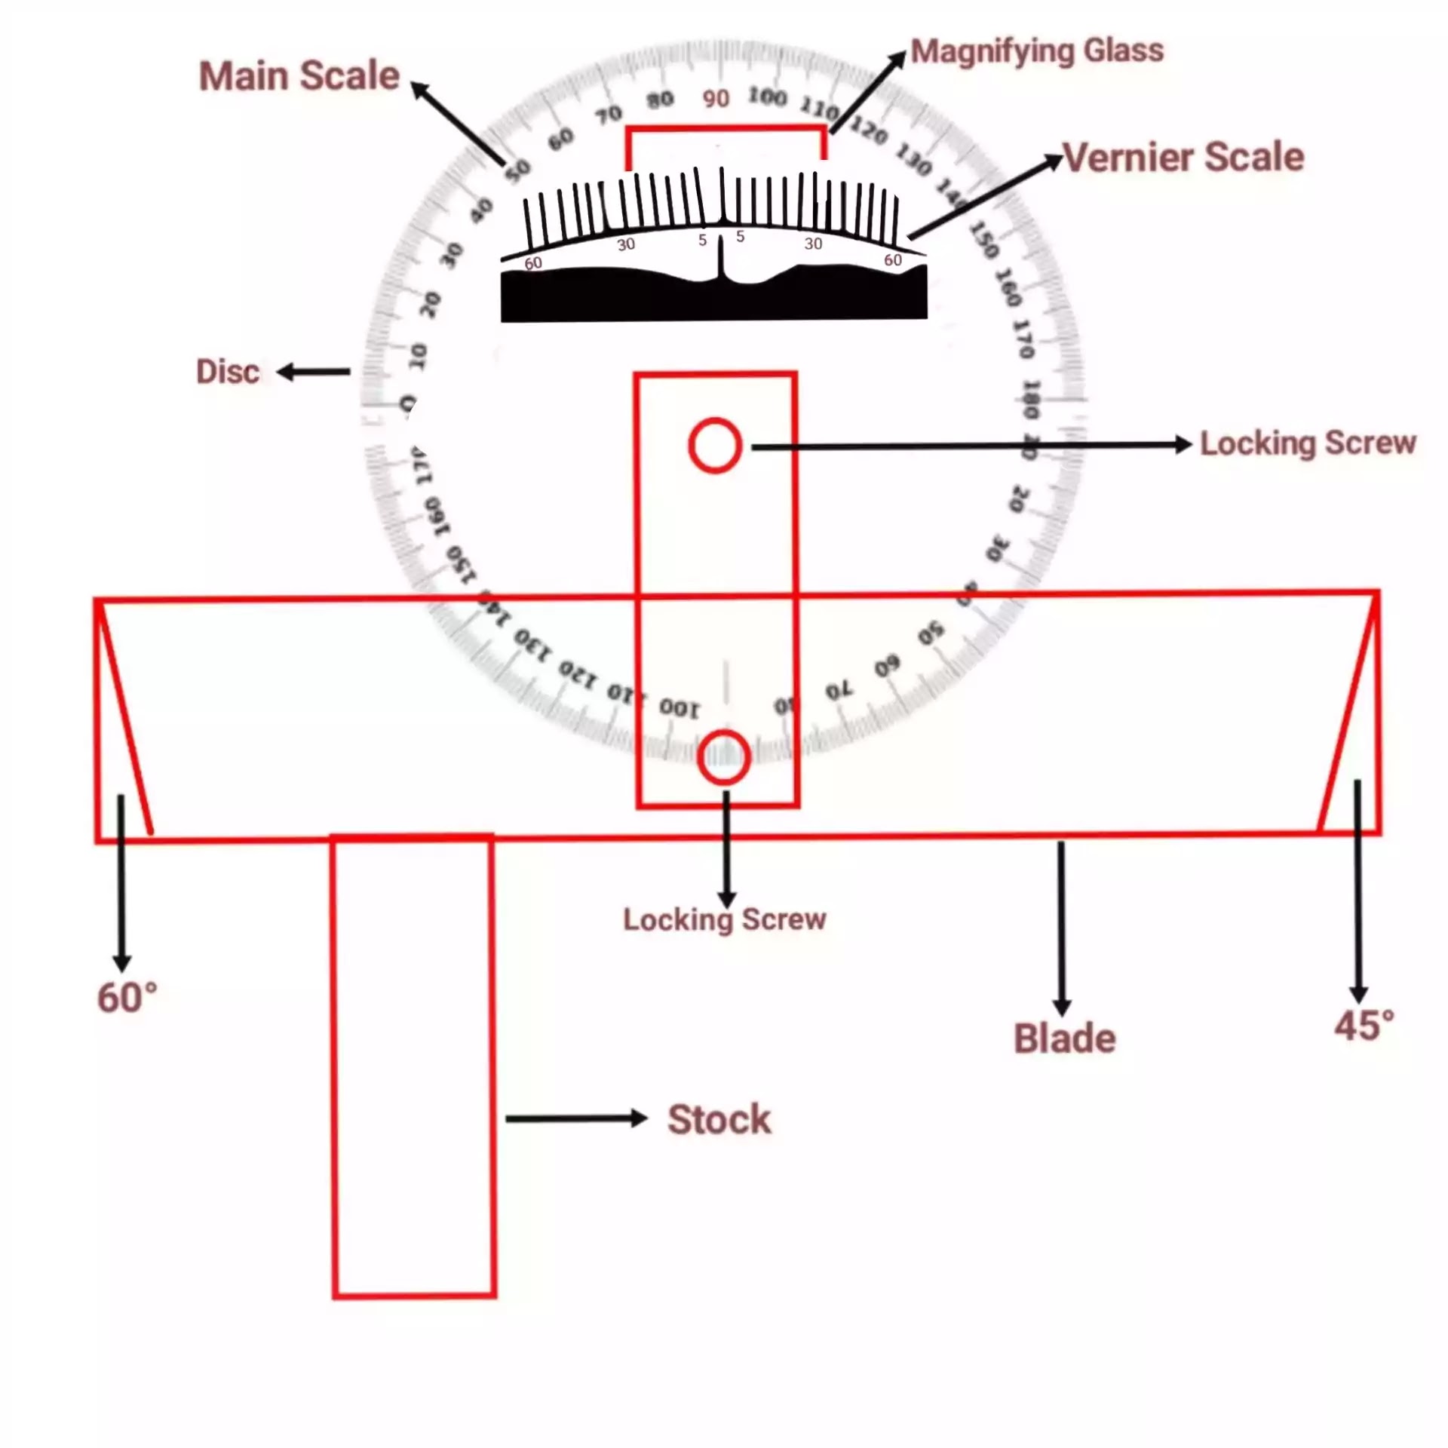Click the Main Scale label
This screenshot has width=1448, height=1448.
(299, 76)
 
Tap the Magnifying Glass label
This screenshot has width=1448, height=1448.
(1037, 51)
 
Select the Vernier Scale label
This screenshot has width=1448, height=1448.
(1183, 158)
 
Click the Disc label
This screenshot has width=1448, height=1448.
(228, 372)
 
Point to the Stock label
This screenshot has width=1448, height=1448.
(719, 1119)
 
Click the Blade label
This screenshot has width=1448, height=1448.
(1064, 1038)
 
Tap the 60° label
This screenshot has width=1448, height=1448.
(127, 999)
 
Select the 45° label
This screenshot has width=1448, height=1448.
(1364, 1026)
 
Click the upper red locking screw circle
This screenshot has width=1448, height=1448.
(715, 446)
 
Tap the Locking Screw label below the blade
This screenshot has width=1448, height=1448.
(724, 919)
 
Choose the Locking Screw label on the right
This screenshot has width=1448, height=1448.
(1308, 443)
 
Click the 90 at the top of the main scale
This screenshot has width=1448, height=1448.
(716, 99)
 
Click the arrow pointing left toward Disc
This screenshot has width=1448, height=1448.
(314, 372)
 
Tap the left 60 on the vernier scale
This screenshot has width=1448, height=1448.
(532, 263)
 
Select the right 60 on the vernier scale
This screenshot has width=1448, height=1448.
(893, 260)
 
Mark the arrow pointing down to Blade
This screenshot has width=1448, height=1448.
(1061, 928)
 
